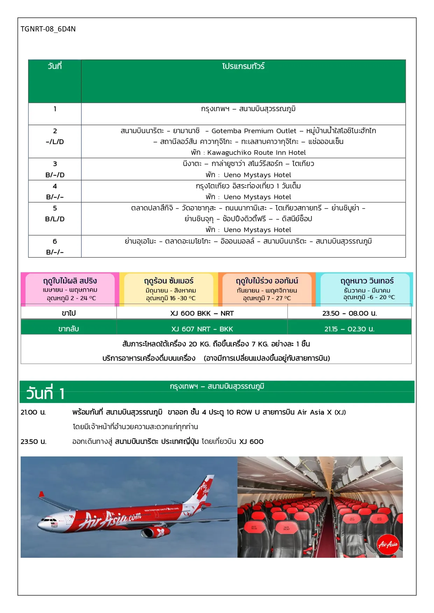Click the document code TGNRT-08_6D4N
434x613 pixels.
coord(48,29)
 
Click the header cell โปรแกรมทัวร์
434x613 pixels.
coord(243,66)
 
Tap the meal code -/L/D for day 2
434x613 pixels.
coord(55,142)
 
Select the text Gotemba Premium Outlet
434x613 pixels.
coord(254,131)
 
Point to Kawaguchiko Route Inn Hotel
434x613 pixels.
coord(256,153)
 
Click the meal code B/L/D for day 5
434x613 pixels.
coord(55,219)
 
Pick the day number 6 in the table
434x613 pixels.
coord(55,241)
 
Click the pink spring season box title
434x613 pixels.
coord(70,281)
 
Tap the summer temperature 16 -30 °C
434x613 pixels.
coord(171,298)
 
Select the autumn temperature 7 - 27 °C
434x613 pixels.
coord(267,298)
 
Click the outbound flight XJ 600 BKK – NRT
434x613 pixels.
coord(202,313)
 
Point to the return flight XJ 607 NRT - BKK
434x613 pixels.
coord(202,329)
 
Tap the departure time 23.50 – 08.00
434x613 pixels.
coord(349,313)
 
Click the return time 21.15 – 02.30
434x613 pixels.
coord(349,329)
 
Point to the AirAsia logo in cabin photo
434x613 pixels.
coord(388,544)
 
